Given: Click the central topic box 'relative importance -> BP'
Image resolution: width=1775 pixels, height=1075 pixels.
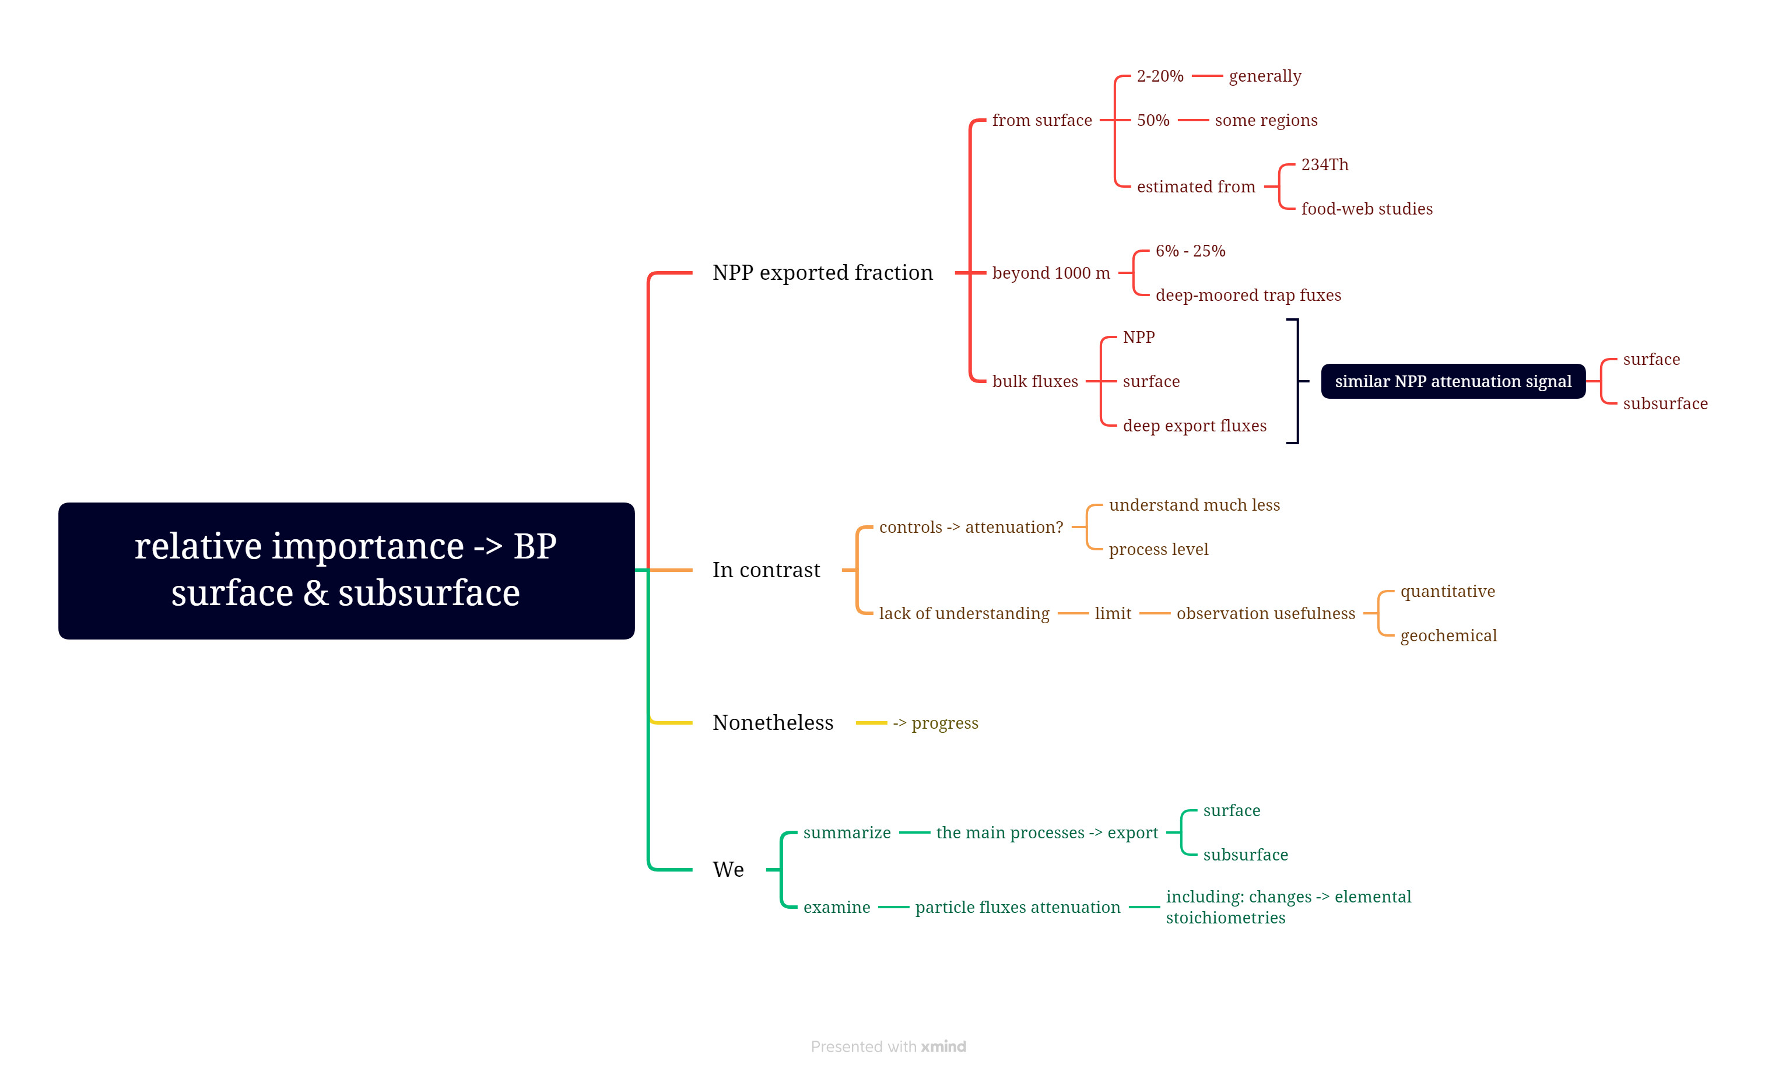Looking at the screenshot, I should (x=346, y=570).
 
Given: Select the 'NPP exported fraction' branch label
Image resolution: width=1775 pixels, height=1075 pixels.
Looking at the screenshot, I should (x=822, y=273).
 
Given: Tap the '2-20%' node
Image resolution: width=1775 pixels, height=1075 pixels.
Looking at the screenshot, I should (x=1159, y=76).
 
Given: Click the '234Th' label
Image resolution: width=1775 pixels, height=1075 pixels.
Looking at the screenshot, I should (x=1324, y=165).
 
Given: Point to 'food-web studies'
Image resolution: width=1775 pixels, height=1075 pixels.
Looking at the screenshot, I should (x=1366, y=209).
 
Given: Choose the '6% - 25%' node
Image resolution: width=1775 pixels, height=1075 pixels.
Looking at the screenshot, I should (x=1190, y=251).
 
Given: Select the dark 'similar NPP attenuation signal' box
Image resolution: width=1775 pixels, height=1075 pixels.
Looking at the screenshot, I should (x=1453, y=382).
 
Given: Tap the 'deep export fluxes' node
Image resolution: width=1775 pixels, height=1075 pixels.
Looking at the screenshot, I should (x=1194, y=426).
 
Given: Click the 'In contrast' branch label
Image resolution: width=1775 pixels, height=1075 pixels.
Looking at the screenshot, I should (x=766, y=570).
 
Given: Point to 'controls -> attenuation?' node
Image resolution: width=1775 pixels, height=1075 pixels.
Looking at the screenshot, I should (x=970, y=527).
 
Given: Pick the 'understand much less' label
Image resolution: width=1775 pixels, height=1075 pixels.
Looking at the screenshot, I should (x=1194, y=505).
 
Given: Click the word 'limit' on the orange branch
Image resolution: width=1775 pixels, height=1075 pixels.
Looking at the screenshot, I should (x=1112, y=613).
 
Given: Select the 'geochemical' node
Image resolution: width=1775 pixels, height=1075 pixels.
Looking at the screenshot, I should (x=1447, y=636).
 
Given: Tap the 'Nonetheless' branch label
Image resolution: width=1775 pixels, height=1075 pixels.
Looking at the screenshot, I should (x=772, y=723).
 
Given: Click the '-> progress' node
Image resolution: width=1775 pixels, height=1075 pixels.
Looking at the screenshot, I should (x=935, y=723).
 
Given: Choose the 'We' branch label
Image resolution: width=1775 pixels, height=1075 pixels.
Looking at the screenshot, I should (x=728, y=870).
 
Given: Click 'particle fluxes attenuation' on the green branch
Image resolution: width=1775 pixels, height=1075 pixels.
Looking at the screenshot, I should (x=1017, y=907).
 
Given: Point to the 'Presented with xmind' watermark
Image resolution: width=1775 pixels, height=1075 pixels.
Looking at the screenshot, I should (x=887, y=1046).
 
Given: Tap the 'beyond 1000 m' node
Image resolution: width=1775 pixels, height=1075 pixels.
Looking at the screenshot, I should (x=1050, y=273).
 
